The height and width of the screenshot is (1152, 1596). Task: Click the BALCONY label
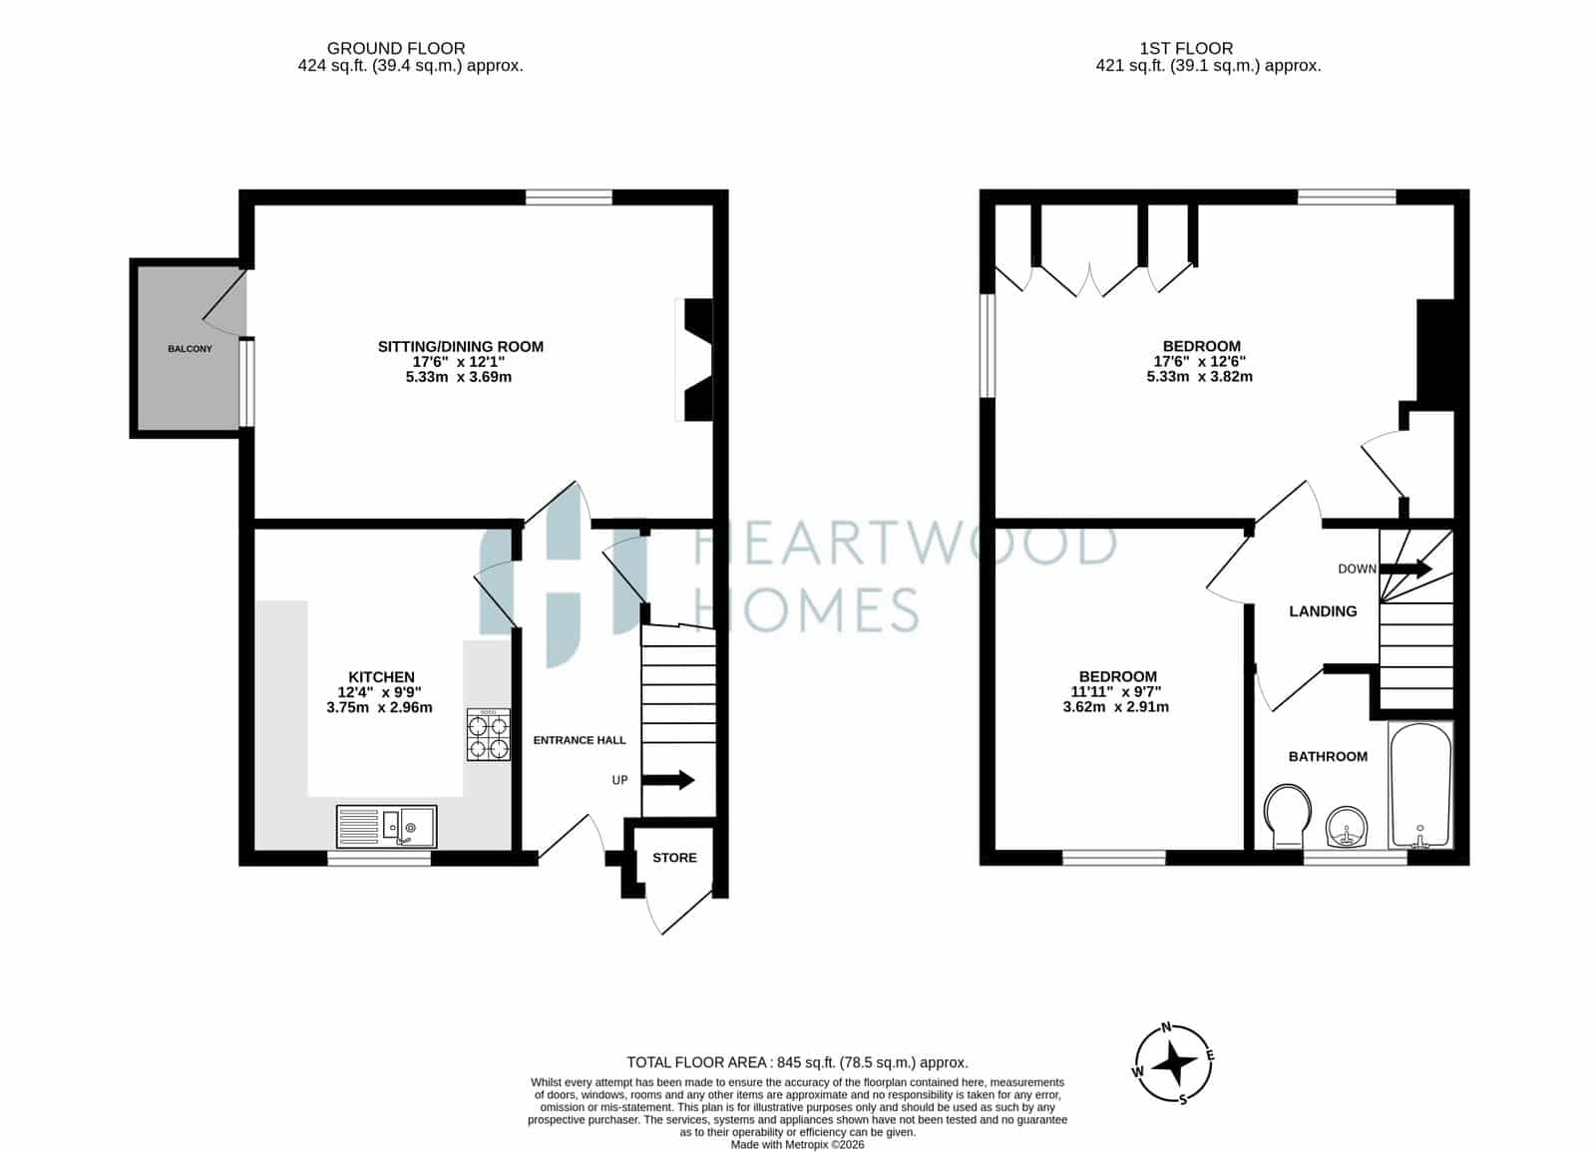[x=190, y=349]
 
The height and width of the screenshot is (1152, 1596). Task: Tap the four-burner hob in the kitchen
[x=488, y=734]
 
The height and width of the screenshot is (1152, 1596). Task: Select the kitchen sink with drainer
[x=386, y=827]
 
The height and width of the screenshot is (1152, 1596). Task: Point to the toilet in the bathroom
[x=1288, y=817]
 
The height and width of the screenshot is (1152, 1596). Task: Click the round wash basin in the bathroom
[x=1346, y=827]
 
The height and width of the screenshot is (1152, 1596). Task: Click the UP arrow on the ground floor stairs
[x=667, y=779]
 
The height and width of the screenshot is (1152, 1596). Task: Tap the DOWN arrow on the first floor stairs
[x=1405, y=569]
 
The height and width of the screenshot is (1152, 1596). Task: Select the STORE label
[x=674, y=858]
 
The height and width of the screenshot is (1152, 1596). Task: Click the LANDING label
[x=1323, y=611]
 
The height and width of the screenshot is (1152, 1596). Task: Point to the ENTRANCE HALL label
[x=580, y=740]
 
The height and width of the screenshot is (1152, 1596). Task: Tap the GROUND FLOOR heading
[x=396, y=49]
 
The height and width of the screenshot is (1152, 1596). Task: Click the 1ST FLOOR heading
[x=1186, y=49]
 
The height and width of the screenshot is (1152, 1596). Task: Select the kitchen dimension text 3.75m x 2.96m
[x=379, y=707]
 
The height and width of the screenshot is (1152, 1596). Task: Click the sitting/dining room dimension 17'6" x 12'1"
[x=459, y=362]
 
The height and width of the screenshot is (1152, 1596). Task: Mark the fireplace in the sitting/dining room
[x=694, y=360]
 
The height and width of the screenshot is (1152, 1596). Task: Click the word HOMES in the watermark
[x=806, y=609]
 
